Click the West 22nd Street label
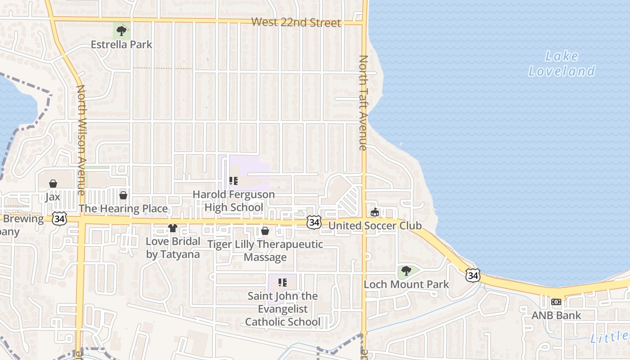(296, 22)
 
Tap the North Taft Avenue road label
(363, 103)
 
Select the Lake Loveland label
(562, 63)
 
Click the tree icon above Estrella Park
(121, 31)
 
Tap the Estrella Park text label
(121, 45)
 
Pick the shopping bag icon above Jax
(53, 184)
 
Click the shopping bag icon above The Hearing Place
(123, 195)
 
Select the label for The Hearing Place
(123, 208)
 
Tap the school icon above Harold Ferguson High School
(234, 181)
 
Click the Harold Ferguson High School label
(234, 201)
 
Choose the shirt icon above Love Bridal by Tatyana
(173, 228)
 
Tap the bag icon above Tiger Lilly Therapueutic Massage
(265, 231)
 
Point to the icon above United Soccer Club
(374, 212)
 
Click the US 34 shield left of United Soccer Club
(315, 221)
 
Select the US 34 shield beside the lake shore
(472, 275)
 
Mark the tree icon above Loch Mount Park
(406, 271)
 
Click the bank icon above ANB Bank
(557, 302)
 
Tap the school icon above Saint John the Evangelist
(283, 283)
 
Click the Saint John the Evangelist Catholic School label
(283, 309)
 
